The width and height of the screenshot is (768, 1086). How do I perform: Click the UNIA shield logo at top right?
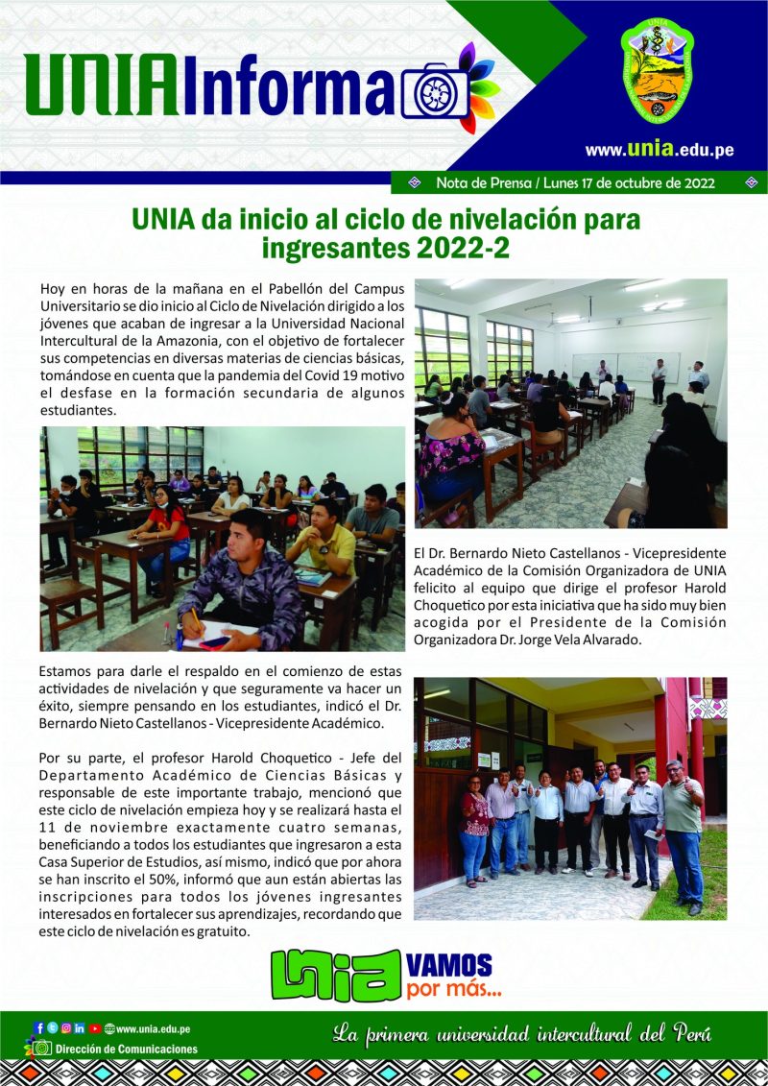[657, 72]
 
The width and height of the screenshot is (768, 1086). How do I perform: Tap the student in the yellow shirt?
[324, 543]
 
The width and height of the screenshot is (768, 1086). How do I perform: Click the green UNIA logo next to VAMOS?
[335, 974]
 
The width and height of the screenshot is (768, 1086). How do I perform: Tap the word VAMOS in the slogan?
[450, 964]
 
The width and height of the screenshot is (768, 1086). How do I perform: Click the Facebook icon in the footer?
[39, 1028]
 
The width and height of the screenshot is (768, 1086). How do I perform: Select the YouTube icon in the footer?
[94, 1028]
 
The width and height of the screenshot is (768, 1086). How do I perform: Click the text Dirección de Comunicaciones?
[127, 1050]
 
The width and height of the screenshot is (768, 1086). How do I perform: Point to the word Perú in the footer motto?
[687, 1035]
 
